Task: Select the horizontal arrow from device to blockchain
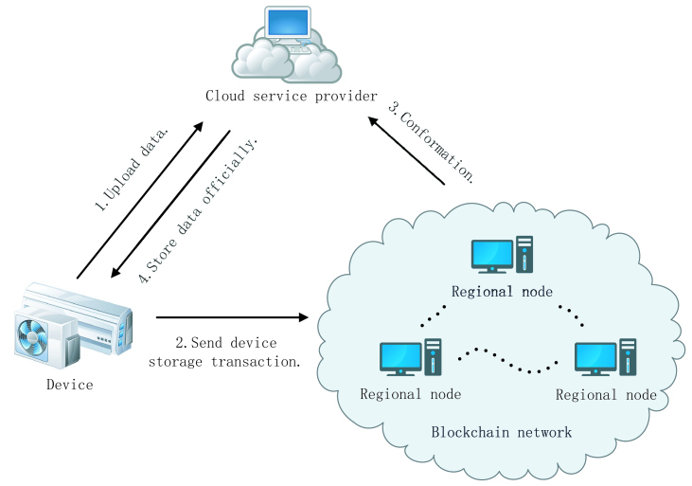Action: [x=233, y=318]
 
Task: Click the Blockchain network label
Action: [x=502, y=432]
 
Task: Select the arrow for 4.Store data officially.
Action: [x=170, y=204]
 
